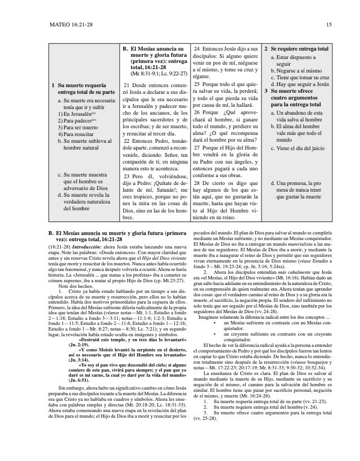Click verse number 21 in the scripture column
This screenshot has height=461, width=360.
pyautogui.click(x=127, y=85)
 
